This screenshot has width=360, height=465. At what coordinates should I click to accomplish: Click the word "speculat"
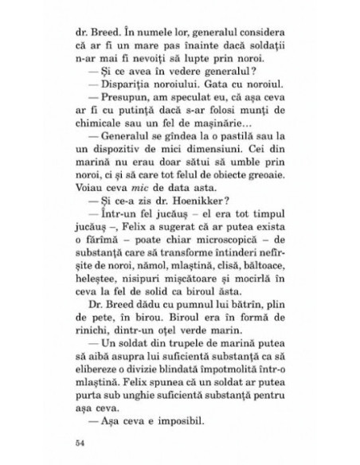(180, 101)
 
